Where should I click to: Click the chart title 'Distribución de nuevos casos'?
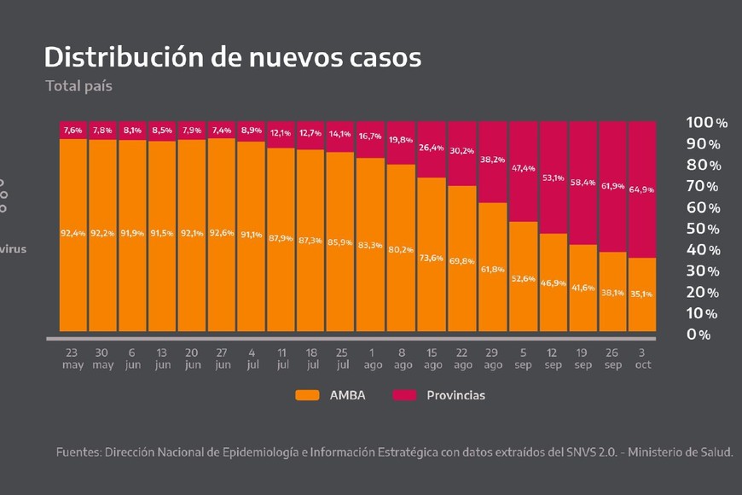(x=232, y=57)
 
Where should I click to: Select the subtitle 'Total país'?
(x=78, y=85)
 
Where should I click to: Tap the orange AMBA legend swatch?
(x=307, y=395)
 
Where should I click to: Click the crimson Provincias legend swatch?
(x=404, y=395)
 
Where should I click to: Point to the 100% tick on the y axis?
(x=706, y=123)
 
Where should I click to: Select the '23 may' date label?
(x=73, y=358)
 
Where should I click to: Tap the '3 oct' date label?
(x=642, y=358)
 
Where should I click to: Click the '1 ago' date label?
(x=371, y=358)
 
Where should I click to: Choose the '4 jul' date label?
(x=252, y=358)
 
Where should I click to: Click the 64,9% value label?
(x=642, y=189)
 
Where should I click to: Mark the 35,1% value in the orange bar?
(x=642, y=294)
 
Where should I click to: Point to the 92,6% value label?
(x=222, y=234)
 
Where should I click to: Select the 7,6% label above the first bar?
(x=73, y=131)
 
